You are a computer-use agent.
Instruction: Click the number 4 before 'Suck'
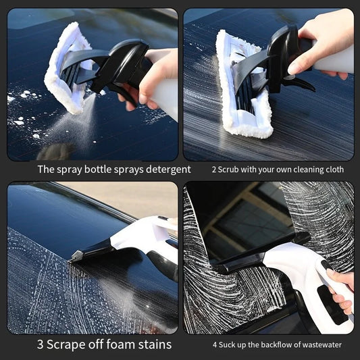point(215,345)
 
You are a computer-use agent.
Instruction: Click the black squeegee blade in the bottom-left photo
point(91,253)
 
